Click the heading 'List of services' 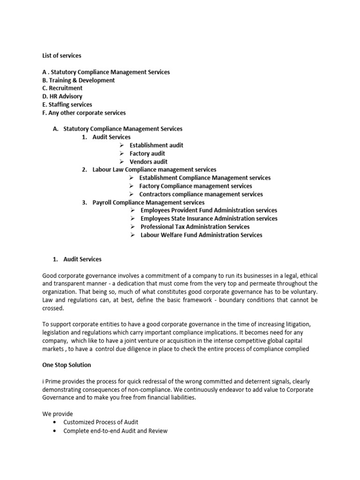[x=62, y=56]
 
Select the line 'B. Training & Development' [x=78, y=80]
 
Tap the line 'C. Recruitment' [x=62, y=88]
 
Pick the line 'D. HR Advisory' [x=62, y=97]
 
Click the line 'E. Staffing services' [x=67, y=105]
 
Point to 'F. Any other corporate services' [x=84, y=112]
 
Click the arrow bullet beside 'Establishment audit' [x=121, y=145]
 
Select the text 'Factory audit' [x=147, y=153]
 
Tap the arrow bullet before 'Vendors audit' [x=121, y=162]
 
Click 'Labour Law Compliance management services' [x=154, y=170]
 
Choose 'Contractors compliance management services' [x=201, y=194]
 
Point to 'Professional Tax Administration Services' [x=195, y=227]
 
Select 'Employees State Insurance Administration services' [x=209, y=218]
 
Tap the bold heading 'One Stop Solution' [x=67, y=365]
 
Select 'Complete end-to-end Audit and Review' [x=115, y=431]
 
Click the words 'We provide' [x=58, y=414]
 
